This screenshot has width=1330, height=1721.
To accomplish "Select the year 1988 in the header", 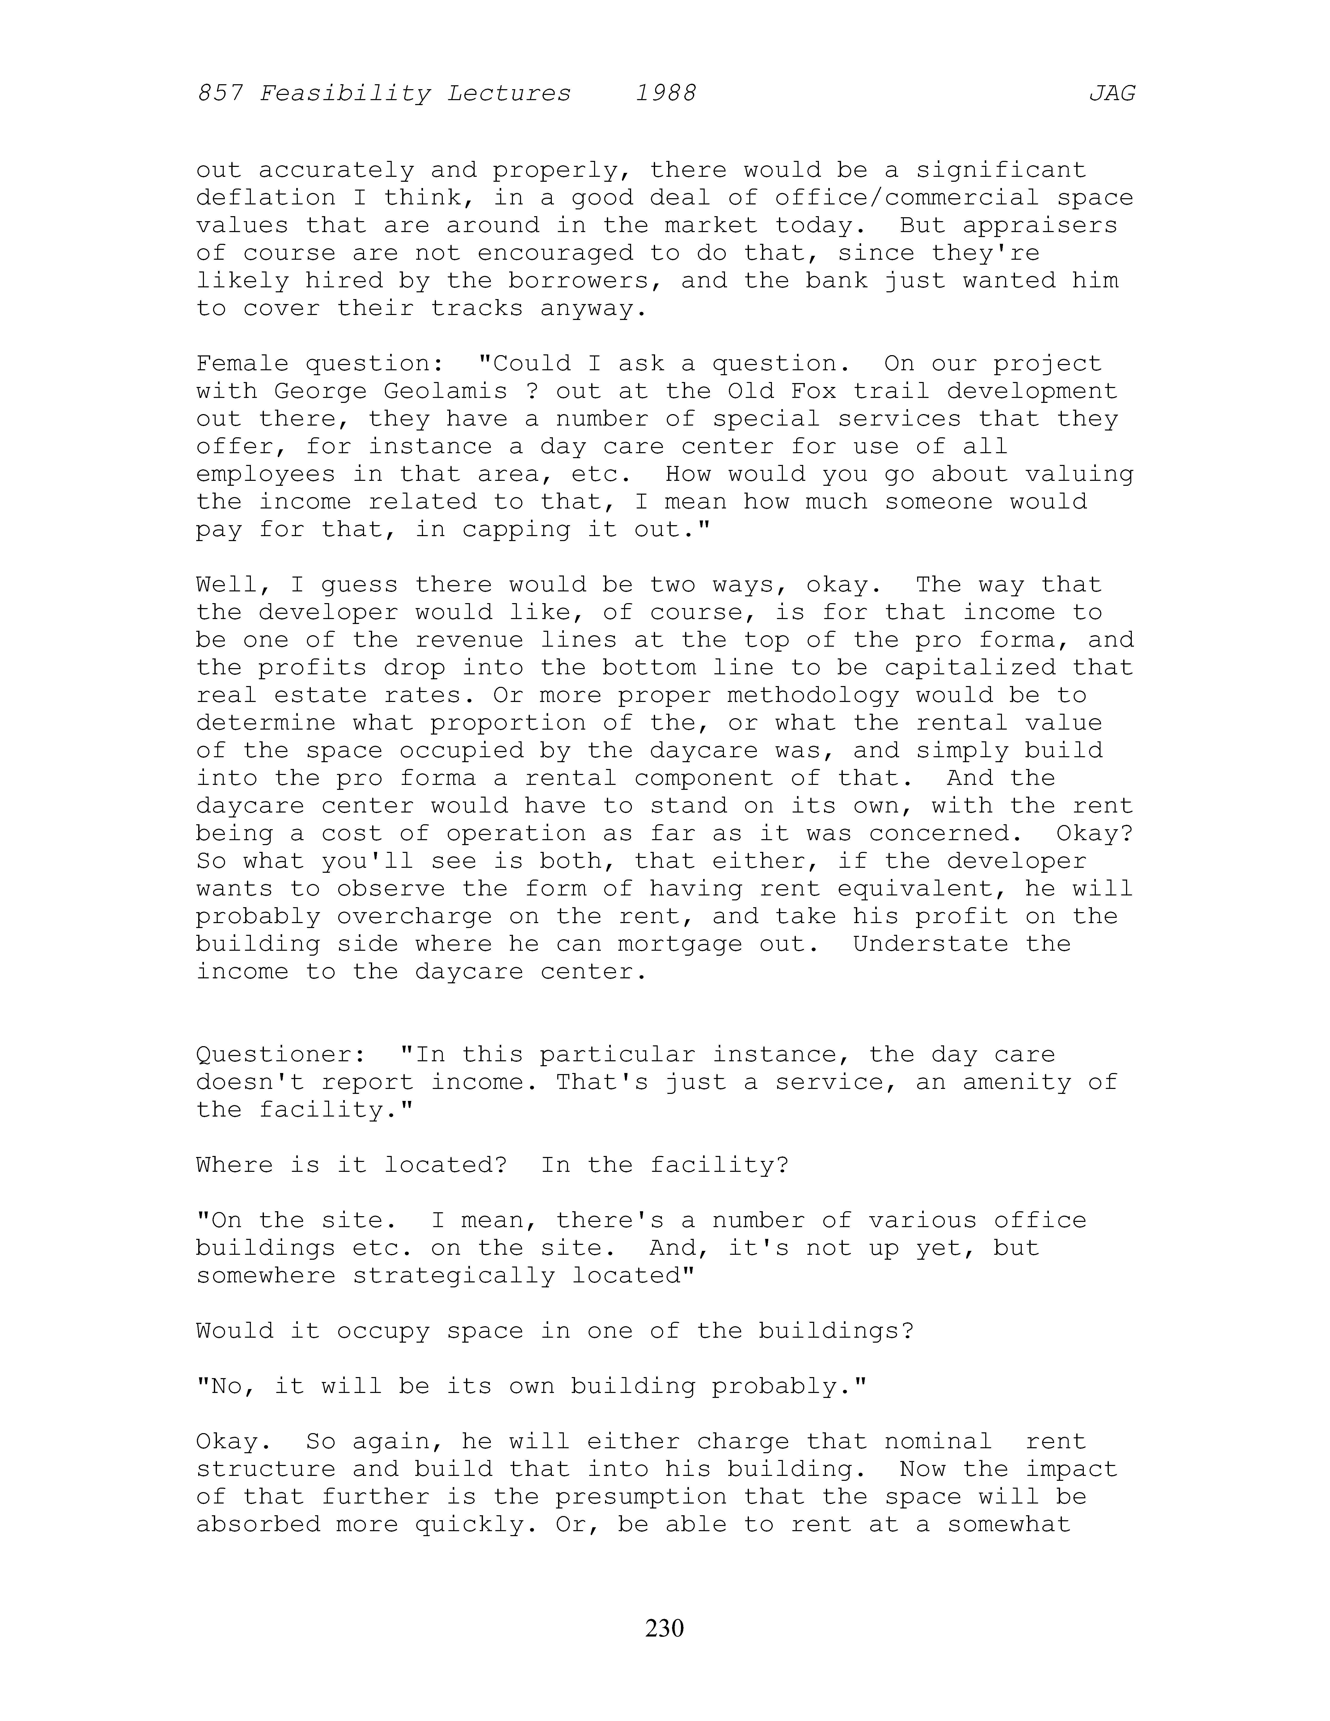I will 666,94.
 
